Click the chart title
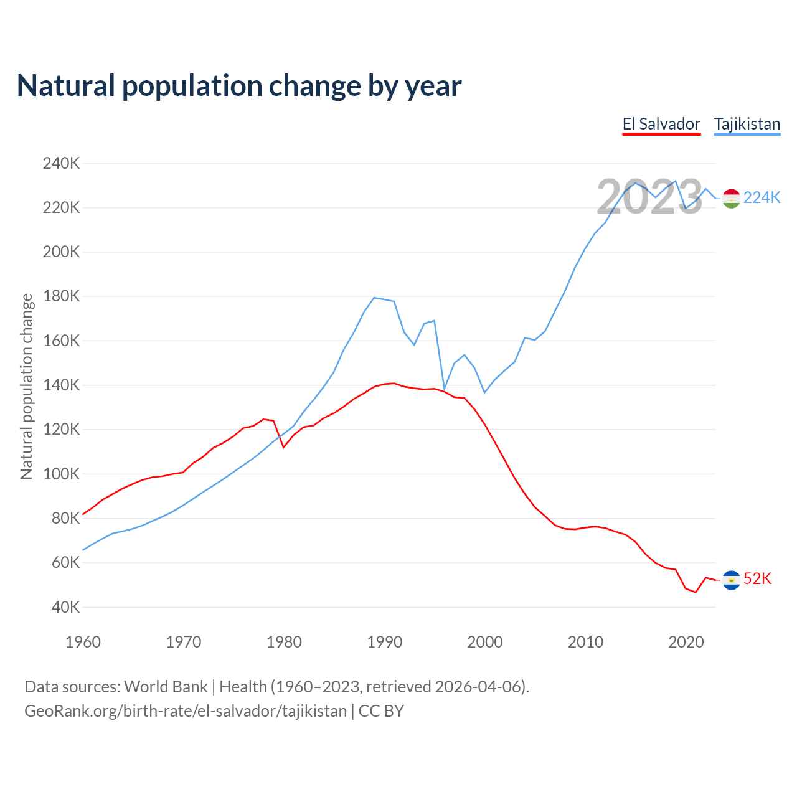[x=238, y=86]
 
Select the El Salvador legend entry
[x=661, y=124]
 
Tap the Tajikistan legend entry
[x=747, y=124]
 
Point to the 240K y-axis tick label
[x=61, y=164]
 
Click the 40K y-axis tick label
[x=65, y=607]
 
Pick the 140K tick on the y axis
[x=61, y=385]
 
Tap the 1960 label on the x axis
[x=83, y=642]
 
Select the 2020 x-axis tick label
[x=686, y=642]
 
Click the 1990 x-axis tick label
[x=384, y=642]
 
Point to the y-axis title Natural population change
[x=26, y=386]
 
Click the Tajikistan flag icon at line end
[x=731, y=199]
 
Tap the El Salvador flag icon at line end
[x=731, y=580]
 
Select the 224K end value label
[x=762, y=197]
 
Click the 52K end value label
[x=757, y=579]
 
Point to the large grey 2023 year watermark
[x=649, y=197]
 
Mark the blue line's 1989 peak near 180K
[x=374, y=298]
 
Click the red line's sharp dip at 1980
[x=283, y=447]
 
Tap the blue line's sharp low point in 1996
[x=444, y=389]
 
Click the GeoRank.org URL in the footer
[x=186, y=711]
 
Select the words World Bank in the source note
[x=166, y=687]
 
